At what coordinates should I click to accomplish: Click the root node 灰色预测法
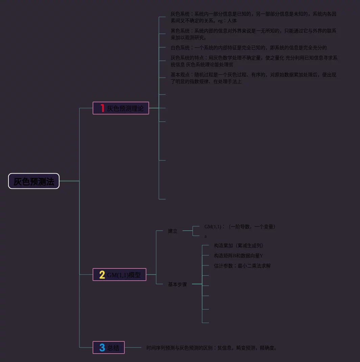click(x=34, y=181)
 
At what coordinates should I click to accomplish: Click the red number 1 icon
click(x=102, y=108)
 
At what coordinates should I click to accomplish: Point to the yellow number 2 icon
click(x=102, y=275)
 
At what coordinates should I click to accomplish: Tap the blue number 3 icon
click(x=102, y=347)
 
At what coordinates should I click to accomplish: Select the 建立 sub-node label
click(x=173, y=231)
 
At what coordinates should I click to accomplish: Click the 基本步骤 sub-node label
click(x=177, y=284)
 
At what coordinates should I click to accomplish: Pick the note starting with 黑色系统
click(x=254, y=34)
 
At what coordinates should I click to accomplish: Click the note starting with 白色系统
click(x=249, y=48)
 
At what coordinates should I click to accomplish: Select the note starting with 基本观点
click(x=254, y=78)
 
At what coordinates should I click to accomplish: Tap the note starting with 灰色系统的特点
click(x=254, y=61)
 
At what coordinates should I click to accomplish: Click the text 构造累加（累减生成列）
click(x=239, y=245)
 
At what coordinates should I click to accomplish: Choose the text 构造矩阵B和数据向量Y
click(x=239, y=256)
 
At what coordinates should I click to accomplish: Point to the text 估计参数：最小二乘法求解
click(x=242, y=266)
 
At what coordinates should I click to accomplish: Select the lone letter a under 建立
click(x=206, y=236)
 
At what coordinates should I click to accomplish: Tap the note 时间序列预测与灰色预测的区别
click(x=212, y=348)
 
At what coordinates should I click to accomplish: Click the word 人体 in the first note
click(x=232, y=21)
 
